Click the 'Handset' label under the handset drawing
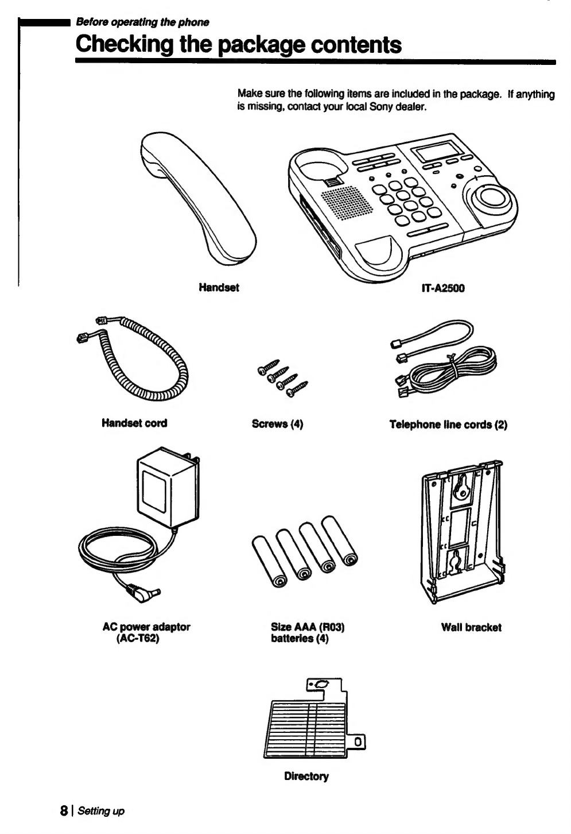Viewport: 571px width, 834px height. [x=219, y=287]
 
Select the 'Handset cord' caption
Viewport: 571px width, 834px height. [x=134, y=423]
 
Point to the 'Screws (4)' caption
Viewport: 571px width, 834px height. [x=277, y=424]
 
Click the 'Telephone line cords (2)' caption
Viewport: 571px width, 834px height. [x=448, y=424]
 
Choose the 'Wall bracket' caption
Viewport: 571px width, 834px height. [x=471, y=627]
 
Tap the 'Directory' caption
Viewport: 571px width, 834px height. [x=306, y=777]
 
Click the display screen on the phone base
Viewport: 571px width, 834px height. [x=440, y=153]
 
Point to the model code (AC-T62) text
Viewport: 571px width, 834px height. [x=137, y=638]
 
